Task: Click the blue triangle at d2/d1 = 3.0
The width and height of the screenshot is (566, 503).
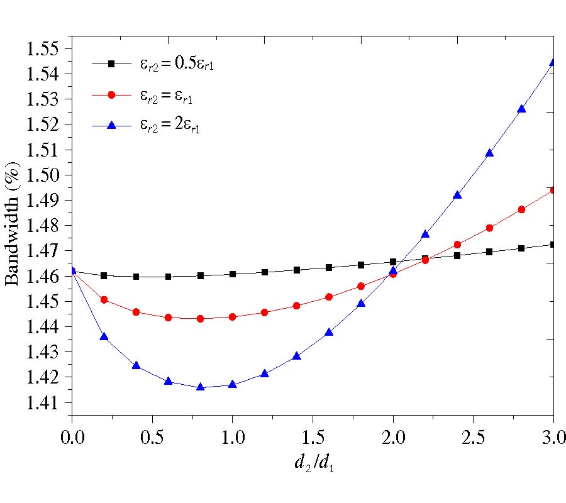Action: tap(553, 62)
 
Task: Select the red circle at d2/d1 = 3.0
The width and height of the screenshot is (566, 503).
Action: tap(553, 190)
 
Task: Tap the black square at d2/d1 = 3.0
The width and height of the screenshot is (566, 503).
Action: tap(553, 245)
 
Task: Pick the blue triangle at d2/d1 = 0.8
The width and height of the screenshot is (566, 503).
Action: tap(201, 387)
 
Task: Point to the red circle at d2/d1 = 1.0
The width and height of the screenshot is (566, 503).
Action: tap(233, 317)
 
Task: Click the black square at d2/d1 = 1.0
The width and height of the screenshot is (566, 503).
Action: tap(233, 274)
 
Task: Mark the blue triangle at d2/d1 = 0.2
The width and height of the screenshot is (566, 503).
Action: tap(104, 337)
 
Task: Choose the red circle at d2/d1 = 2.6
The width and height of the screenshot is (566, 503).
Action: tap(489, 228)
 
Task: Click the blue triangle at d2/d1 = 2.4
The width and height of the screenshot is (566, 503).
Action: tap(457, 195)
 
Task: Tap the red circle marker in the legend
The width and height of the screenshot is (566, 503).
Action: tap(111, 94)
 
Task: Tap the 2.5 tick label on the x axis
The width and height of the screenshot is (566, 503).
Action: tap(473, 436)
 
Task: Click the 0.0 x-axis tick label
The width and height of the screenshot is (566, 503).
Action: tap(72, 436)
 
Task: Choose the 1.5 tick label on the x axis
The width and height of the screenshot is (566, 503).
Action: tap(313, 436)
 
